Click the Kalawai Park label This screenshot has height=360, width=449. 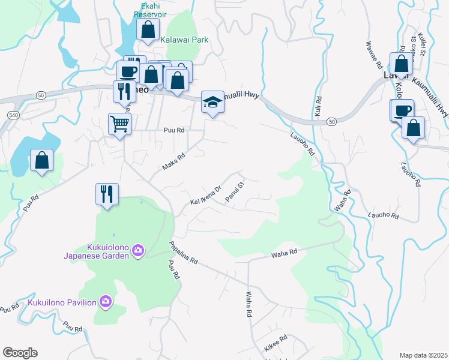(184, 40)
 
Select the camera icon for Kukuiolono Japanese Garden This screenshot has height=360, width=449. (138, 250)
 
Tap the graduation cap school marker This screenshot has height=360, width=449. (212, 103)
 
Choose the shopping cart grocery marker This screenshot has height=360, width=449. (119, 124)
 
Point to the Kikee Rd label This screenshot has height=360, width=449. (276, 343)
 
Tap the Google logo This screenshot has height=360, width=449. (20, 353)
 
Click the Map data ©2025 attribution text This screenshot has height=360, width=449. (423, 355)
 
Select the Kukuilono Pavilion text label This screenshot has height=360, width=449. (62, 302)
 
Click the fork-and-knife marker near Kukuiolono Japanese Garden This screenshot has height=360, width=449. (107, 194)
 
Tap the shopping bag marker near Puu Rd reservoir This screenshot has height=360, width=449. (41, 161)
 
